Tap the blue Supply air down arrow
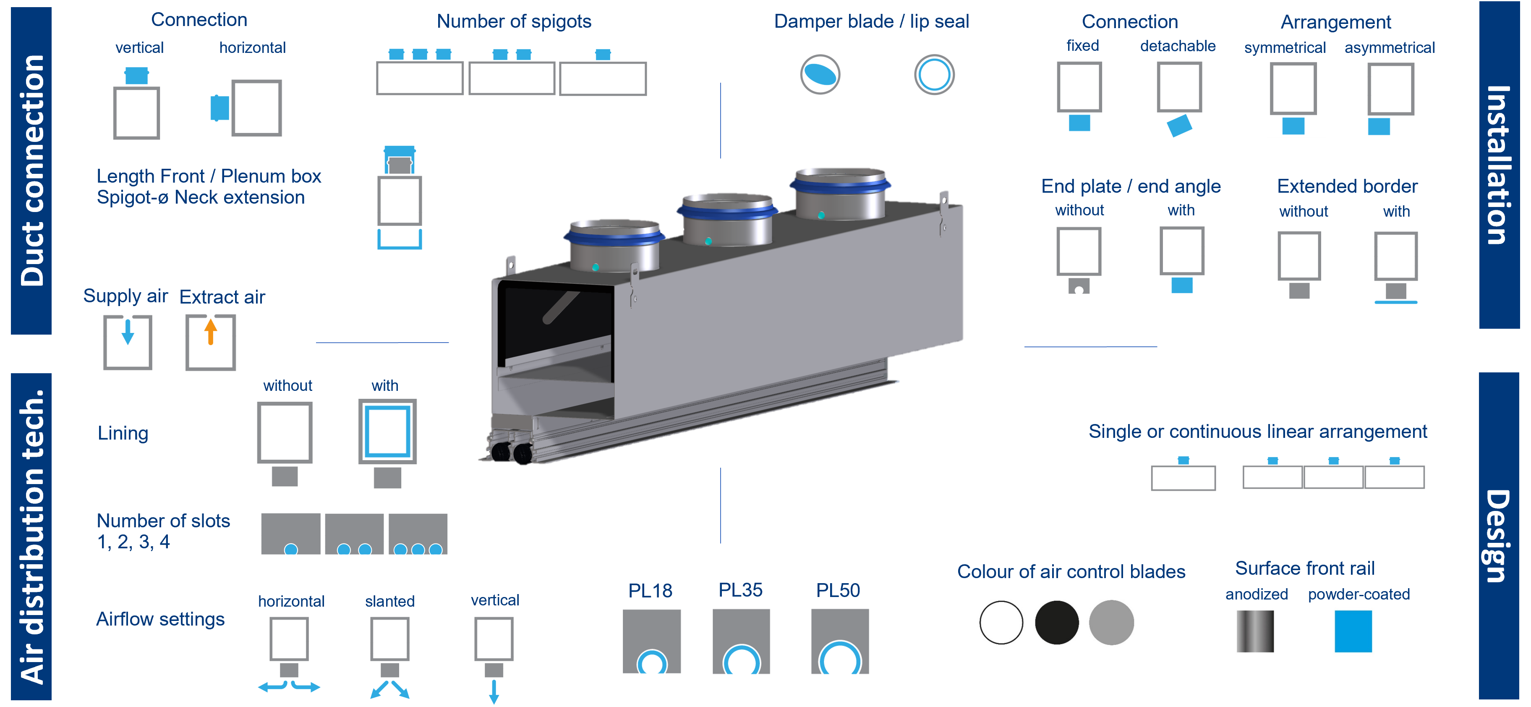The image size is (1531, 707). point(128,332)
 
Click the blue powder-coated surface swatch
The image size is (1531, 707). point(1353,631)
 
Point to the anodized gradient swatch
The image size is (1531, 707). point(1255,631)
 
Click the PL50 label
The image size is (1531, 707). point(838,590)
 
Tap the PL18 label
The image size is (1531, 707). point(650,590)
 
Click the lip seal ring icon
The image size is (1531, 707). point(934,74)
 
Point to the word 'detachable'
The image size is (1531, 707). point(1177,46)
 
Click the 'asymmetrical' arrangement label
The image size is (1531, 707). point(1390,47)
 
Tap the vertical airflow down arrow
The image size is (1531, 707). point(494,691)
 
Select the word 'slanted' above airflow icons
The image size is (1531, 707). point(390,601)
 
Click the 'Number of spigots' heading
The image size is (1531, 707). point(514,21)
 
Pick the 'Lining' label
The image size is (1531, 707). point(123,433)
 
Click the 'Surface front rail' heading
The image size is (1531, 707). point(1304,568)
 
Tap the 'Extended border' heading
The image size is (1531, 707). point(1347,186)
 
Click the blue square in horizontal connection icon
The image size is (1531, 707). point(220,107)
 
